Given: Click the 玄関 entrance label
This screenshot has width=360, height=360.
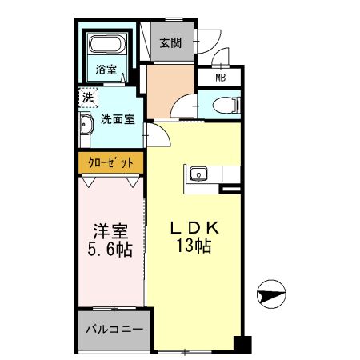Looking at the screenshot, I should [169, 43].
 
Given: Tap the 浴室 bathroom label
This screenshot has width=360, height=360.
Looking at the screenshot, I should [106, 68].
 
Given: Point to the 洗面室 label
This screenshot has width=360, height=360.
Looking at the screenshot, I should [117, 120].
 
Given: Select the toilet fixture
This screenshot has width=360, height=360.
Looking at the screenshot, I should [226, 103].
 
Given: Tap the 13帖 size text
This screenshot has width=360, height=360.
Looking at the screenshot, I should [193, 247].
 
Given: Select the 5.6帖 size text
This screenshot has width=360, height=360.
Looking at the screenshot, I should [110, 250].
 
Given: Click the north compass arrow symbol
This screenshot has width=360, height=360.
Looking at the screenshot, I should [270, 295].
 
